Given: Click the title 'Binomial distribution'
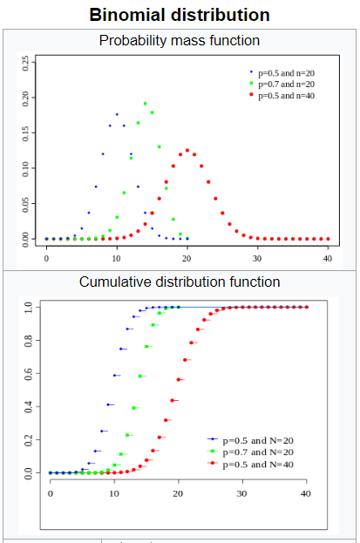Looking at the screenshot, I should click(180, 15).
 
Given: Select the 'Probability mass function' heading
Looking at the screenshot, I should click(180, 40).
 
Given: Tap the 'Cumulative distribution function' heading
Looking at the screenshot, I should click(180, 282).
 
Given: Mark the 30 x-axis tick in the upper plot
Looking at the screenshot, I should click(257, 258).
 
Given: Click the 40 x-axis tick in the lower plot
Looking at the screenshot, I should click(305, 494).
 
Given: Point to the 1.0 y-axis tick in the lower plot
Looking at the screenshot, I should click(30, 307).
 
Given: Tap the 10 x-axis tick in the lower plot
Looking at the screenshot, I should click(114, 494).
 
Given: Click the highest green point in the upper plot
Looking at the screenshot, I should click(145, 104).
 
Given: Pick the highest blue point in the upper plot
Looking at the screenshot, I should click(117, 114).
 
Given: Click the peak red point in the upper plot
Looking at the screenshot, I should click(187, 150).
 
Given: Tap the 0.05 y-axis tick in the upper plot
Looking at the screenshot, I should click(27, 202).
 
